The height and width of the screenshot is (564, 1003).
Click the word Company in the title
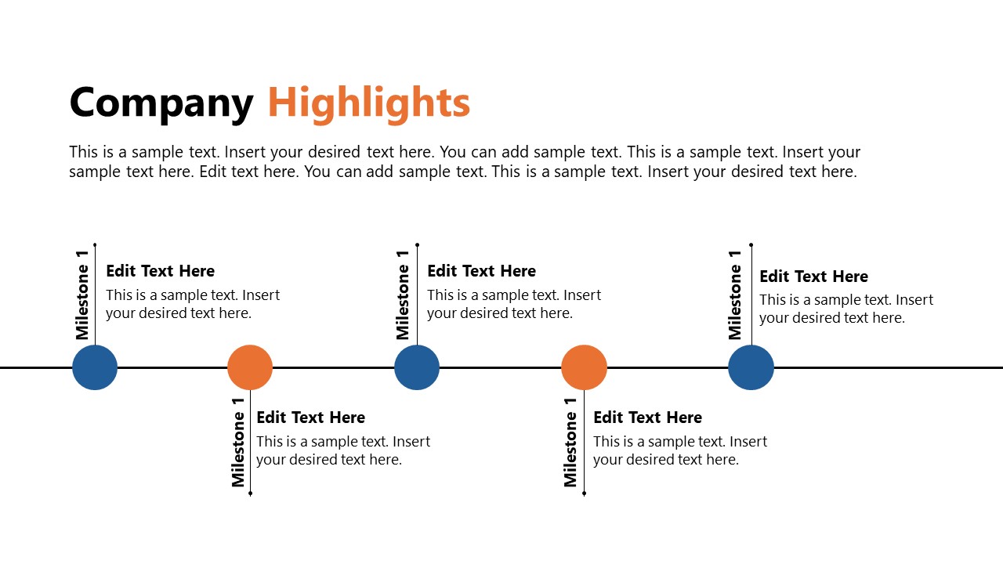pos(161,103)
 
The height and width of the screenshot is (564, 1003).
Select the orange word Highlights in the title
pos(368,103)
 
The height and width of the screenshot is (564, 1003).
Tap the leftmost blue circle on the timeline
pos(95,367)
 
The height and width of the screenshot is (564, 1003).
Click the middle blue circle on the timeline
pos(417,367)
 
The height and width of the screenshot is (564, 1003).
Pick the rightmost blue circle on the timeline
pos(751,367)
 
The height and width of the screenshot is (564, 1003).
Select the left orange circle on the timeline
pos(250,367)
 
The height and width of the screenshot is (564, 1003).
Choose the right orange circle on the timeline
pos(584,367)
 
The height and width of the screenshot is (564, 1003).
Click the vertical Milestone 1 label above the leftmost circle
pos(82,295)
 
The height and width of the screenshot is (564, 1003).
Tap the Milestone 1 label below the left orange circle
pos(238,443)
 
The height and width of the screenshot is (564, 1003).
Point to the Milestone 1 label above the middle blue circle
pos(403,295)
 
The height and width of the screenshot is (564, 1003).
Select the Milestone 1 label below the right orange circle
pos(570,443)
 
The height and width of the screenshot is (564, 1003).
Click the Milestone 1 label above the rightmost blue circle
pos(735,295)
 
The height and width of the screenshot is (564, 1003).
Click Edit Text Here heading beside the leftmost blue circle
pos(160,271)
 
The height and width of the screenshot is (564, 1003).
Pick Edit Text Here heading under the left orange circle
pos(310,418)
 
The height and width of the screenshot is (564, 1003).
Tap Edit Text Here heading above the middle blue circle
pos(481,271)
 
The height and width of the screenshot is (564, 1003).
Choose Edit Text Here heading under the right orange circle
pos(647,418)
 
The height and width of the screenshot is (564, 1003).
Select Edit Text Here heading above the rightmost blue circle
pos(813,277)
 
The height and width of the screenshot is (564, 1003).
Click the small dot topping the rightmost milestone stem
pos(751,245)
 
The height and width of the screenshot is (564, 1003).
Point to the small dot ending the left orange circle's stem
pos(250,493)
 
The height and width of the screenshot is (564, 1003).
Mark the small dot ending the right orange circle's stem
pos(584,493)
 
